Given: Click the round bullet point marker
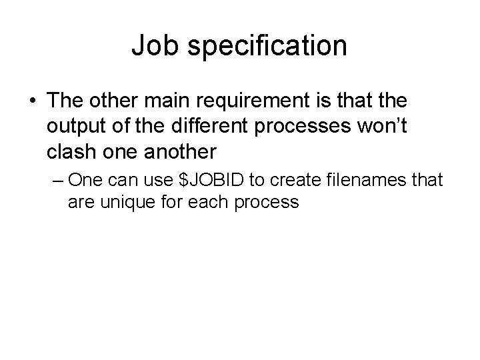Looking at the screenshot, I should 33,101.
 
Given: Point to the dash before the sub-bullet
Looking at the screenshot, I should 58,181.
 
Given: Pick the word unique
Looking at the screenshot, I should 126,201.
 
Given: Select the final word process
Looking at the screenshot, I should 265,202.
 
